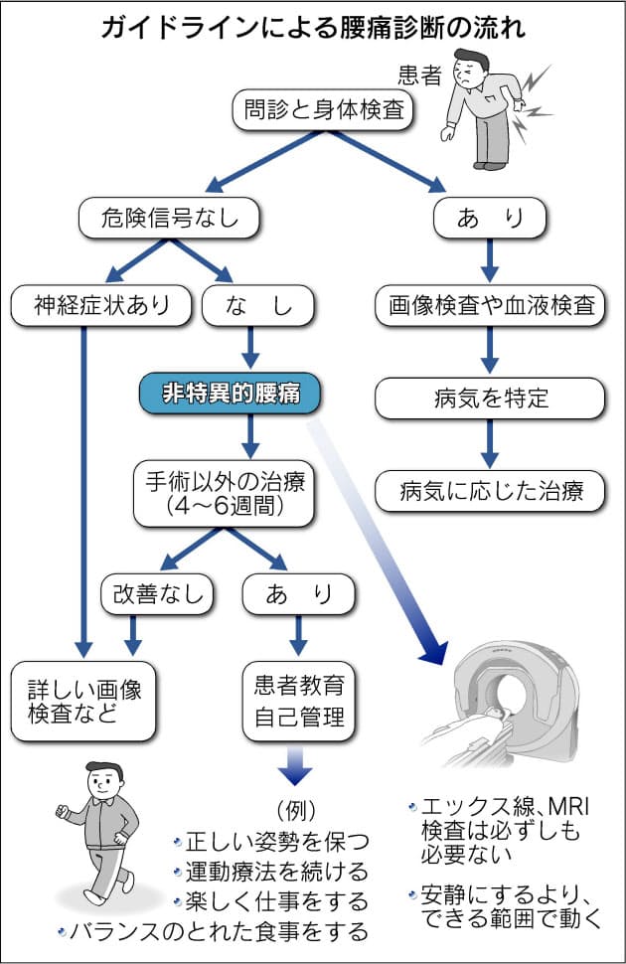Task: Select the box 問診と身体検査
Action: click(324, 109)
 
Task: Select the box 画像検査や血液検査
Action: click(490, 305)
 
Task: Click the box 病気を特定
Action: click(490, 399)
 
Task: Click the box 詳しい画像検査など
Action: click(83, 701)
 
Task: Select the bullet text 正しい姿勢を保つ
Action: click(270, 843)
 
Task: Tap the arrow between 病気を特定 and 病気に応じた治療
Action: click(490, 443)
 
